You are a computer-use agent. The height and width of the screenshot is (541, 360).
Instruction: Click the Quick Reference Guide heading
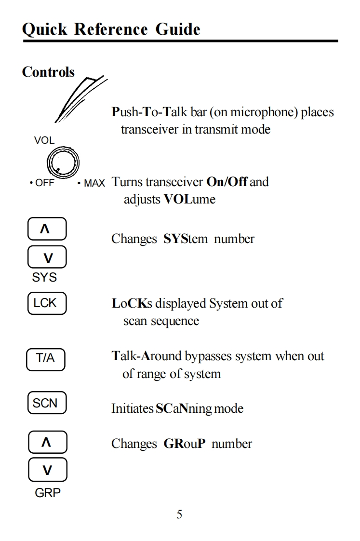111,29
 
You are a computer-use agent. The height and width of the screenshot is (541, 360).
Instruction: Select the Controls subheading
48,72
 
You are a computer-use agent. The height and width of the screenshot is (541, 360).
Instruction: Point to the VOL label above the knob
44,140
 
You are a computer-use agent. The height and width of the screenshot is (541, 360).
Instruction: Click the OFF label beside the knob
43,184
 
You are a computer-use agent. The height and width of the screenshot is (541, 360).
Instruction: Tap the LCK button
46,303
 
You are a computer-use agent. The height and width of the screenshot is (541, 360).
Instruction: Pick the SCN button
46,403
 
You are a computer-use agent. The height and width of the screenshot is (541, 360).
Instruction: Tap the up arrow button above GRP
47,443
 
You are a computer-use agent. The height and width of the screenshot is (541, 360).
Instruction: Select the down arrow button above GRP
47,470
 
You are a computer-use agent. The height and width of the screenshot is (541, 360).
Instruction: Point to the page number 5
179,514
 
